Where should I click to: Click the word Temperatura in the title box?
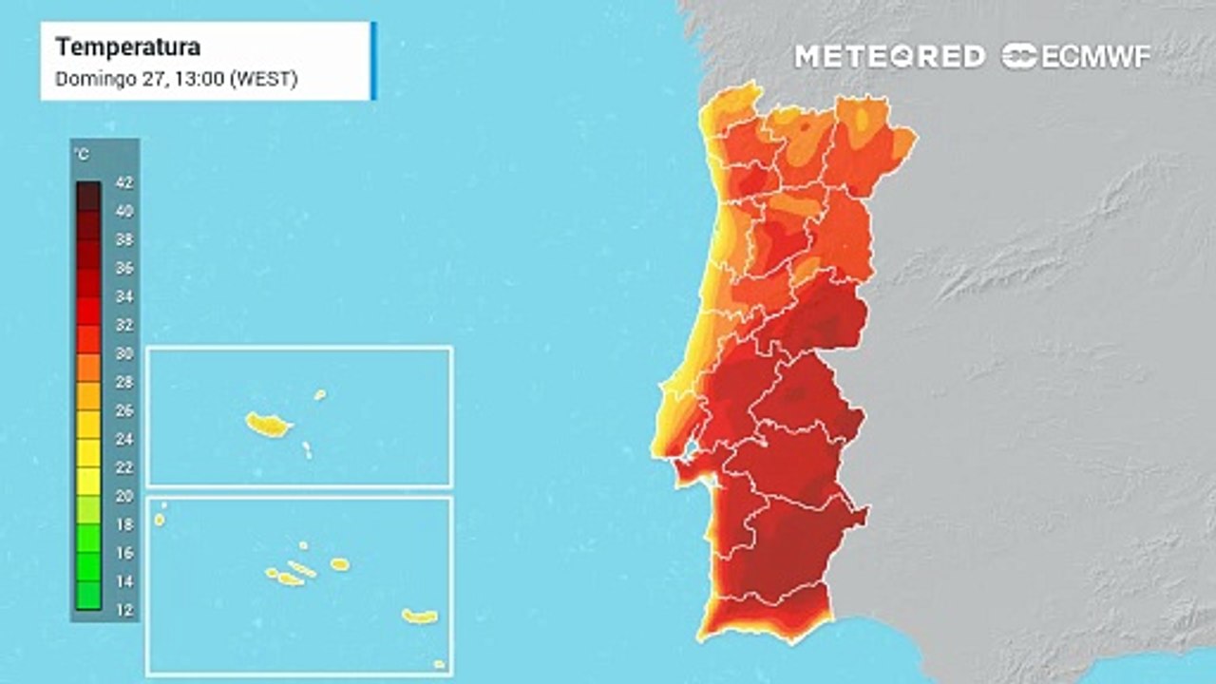point(127,47)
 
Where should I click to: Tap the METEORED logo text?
point(890,57)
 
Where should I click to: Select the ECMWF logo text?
point(1096,57)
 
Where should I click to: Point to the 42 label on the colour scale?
point(124,182)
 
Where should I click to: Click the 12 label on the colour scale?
point(124,610)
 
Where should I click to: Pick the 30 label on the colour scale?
point(124,353)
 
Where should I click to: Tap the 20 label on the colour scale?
point(124,496)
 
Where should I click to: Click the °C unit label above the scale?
point(83,155)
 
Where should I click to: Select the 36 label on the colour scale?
point(124,268)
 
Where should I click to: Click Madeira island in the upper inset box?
point(268,425)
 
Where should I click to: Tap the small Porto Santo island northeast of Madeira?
point(320,394)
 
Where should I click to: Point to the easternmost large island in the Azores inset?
point(419,617)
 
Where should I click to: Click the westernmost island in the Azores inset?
point(160,520)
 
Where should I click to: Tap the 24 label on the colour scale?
point(124,439)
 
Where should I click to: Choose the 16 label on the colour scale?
point(124,553)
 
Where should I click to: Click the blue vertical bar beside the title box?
point(373,60)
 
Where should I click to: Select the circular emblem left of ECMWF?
point(1019,56)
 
